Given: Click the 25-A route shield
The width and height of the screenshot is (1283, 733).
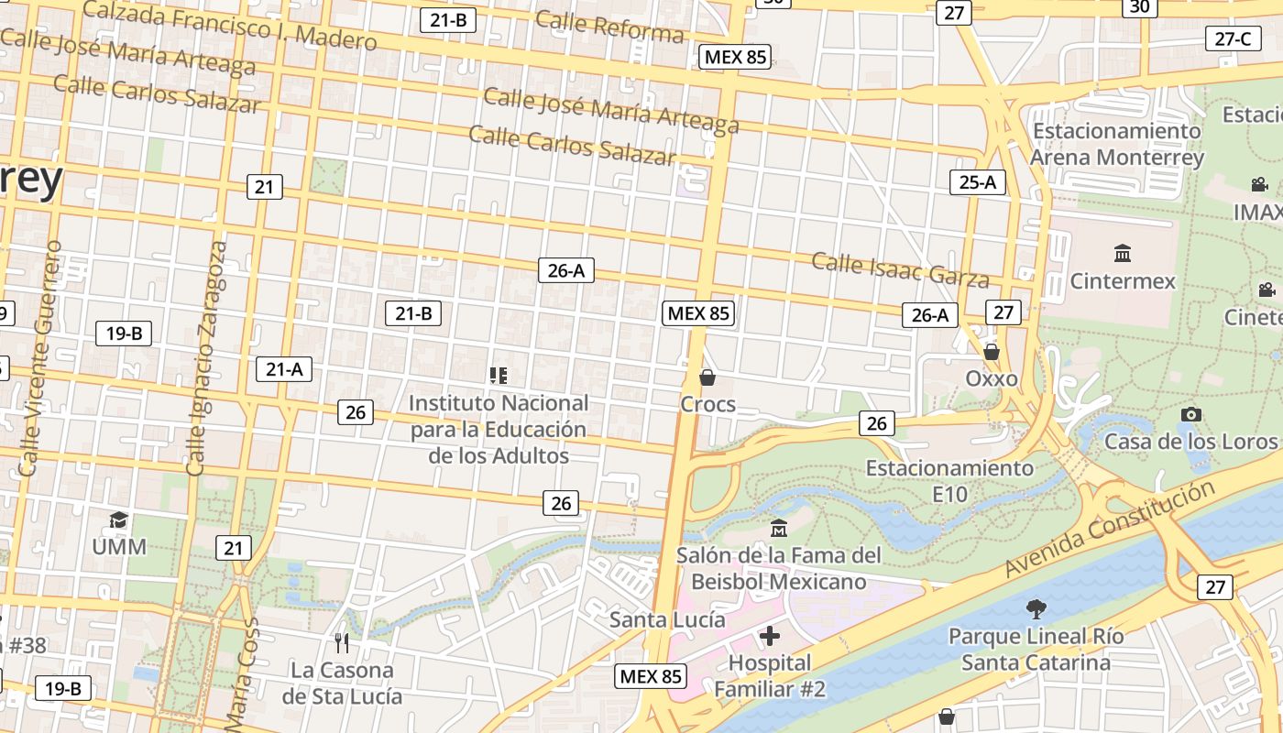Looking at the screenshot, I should coord(977,182).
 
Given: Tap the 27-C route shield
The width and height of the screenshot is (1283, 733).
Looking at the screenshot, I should coord(1232,38).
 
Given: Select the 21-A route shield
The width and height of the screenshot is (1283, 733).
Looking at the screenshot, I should coord(283,369).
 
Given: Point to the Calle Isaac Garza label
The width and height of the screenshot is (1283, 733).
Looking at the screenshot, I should coord(900,270).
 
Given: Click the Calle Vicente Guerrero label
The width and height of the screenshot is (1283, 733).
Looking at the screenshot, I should coord(40,358).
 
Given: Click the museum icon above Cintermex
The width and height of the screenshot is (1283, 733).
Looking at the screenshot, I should coord(1122,253).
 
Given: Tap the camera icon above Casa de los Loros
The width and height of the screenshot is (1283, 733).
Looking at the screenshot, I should coord(1190,414).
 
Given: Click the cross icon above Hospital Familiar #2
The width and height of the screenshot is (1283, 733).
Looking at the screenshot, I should coord(770,635).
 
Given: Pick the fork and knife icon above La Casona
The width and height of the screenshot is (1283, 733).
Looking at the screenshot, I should coord(342,642).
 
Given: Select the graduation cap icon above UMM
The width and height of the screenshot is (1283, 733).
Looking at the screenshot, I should coord(118,520).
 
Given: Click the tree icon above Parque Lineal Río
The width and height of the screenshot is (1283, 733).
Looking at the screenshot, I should coord(1036,607).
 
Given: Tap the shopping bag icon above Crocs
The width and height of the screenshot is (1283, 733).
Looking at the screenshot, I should coord(707,377).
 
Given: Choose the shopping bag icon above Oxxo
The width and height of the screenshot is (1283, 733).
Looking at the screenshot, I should coord(991,352).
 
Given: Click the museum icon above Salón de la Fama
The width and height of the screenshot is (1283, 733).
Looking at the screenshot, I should coord(779,528).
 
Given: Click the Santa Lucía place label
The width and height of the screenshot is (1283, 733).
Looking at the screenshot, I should coord(667,619).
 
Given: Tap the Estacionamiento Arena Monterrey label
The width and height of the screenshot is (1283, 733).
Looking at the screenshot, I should coord(1116,144).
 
